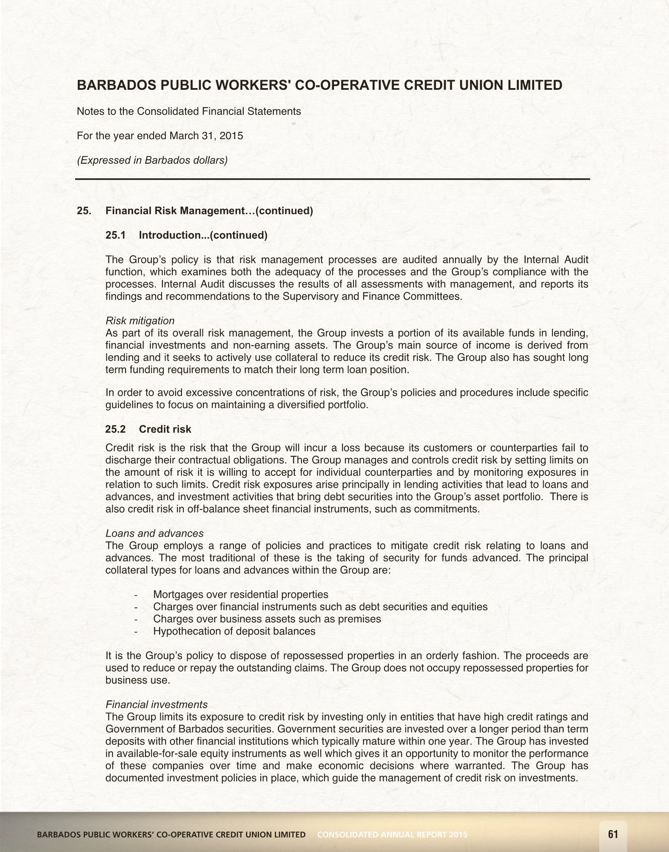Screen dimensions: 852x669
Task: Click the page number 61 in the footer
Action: (613, 834)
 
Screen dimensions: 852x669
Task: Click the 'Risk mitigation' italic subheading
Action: (140, 320)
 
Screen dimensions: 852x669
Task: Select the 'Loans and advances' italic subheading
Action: (154, 533)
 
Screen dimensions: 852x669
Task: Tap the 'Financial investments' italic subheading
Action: (157, 704)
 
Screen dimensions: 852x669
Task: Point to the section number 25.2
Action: (116, 429)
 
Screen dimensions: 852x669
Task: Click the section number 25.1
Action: (116, 235)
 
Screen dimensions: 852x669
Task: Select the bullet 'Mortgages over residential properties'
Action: (241, 595)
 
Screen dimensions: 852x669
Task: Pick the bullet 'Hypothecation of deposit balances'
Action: (234, 631)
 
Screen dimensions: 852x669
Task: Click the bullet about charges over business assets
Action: (267, 619)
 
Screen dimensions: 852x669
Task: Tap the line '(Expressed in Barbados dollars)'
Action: (152, 160)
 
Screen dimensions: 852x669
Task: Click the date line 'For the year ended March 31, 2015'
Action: (160, 136)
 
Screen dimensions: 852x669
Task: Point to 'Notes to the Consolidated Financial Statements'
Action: (189, 112)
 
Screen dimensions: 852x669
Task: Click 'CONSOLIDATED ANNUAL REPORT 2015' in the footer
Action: (392, 835)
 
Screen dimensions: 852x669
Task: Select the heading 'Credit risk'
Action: (165, 429)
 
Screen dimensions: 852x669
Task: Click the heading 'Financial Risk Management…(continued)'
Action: (209, 211)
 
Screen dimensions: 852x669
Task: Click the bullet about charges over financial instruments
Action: (320, 607)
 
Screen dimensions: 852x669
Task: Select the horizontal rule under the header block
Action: (333, 179)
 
